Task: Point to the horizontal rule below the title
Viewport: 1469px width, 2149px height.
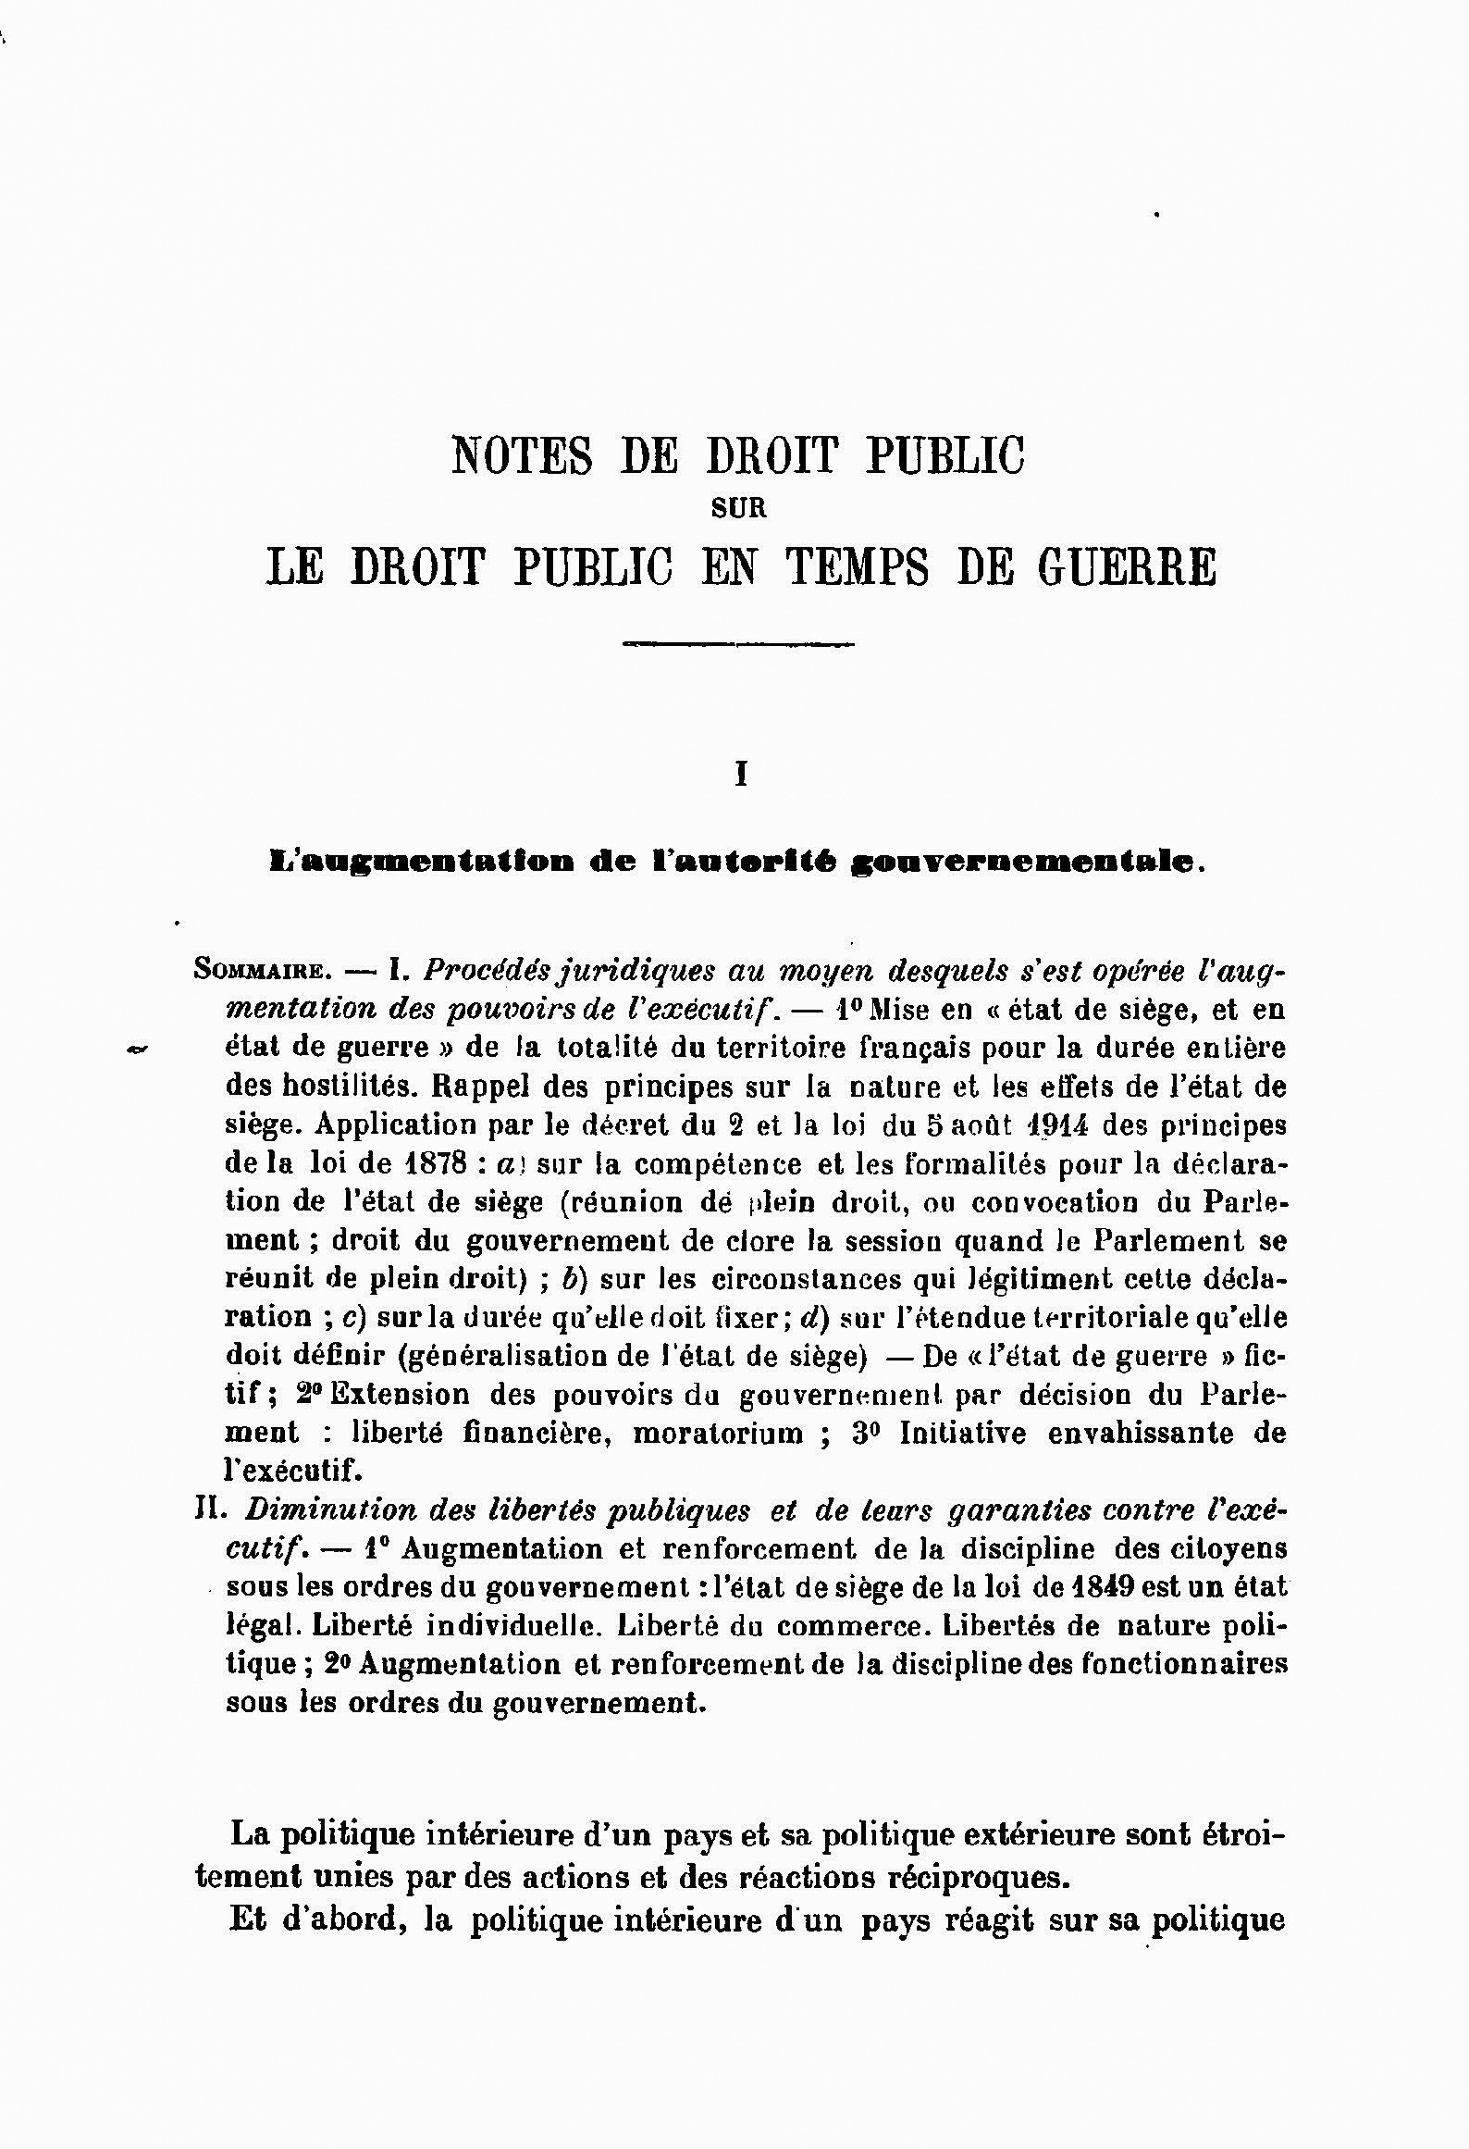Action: tap(739, 643)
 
